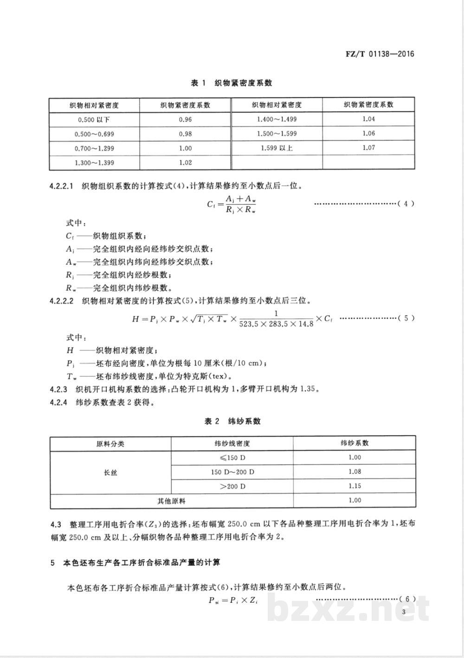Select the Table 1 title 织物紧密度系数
pyautogui.click(x=232, y=83)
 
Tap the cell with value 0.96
pyautogui.click(x=185, y=120)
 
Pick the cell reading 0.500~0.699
pyautogui.click(x=94, y=134)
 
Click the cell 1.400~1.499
pyautogui.click(x=277, y=119)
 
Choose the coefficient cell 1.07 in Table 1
pyautogui.click(x=368, y=148)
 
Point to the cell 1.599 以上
pyautogui.click(x=277, y=148)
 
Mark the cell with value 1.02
pyautogui.click(x=185, y=163)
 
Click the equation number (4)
pyautogui.click(x=406, y=203)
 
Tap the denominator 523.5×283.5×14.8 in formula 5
pyautogui.click(x=277, y=323)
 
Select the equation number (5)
pyautogui.click(x=406, y=318)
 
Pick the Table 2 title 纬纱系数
pyautogui.click(x=232, y=421)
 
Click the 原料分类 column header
pyautogui.click(x=110, y=444)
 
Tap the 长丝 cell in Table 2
pyautogui.click(x=110, y=472)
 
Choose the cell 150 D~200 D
pyautogui.click(x=232, y=472)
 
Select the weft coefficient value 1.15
pyautogui.click(x=354, y=486)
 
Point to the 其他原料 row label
pyautogui.click(x=172, y=501)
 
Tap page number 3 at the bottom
pyautogui.click(x=404, y=612)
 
